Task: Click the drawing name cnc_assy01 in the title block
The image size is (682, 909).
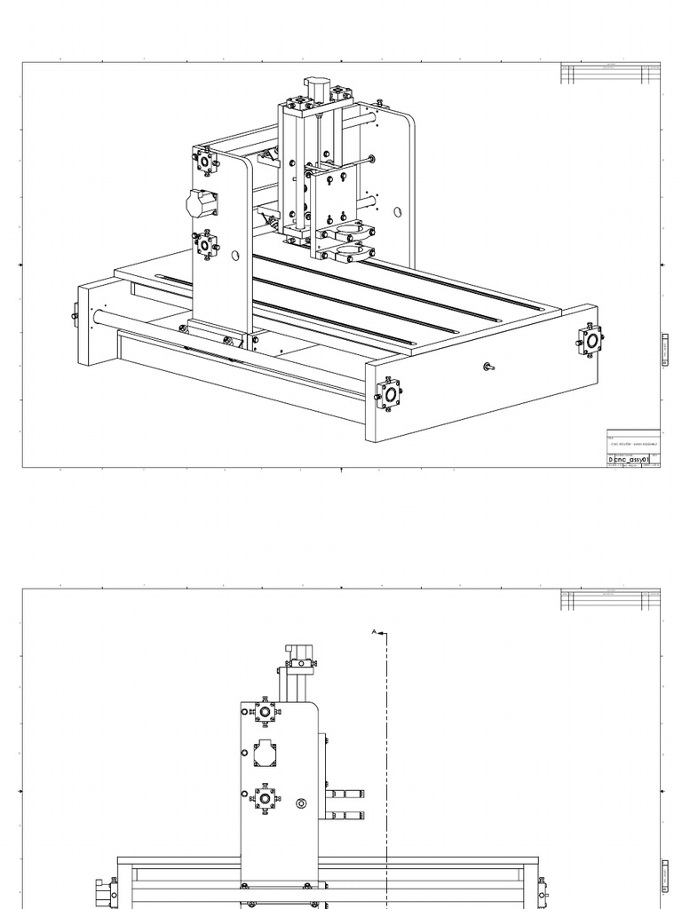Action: (x=631, y=460)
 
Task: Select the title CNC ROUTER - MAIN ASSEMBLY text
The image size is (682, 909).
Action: (x=632, y=442)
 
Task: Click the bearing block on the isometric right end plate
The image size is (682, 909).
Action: (x=591, y=340)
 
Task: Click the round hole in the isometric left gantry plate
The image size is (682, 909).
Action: (x=235, y=256)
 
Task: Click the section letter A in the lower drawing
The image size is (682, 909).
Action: (x=374, y=633)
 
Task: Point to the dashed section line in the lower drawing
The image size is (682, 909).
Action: (x=387, y=755)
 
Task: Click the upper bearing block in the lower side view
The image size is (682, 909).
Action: (x=265, y=711)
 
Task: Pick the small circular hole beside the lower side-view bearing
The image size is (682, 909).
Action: (x=301, y=804)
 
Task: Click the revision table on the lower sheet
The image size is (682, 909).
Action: (x=611, y=601)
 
